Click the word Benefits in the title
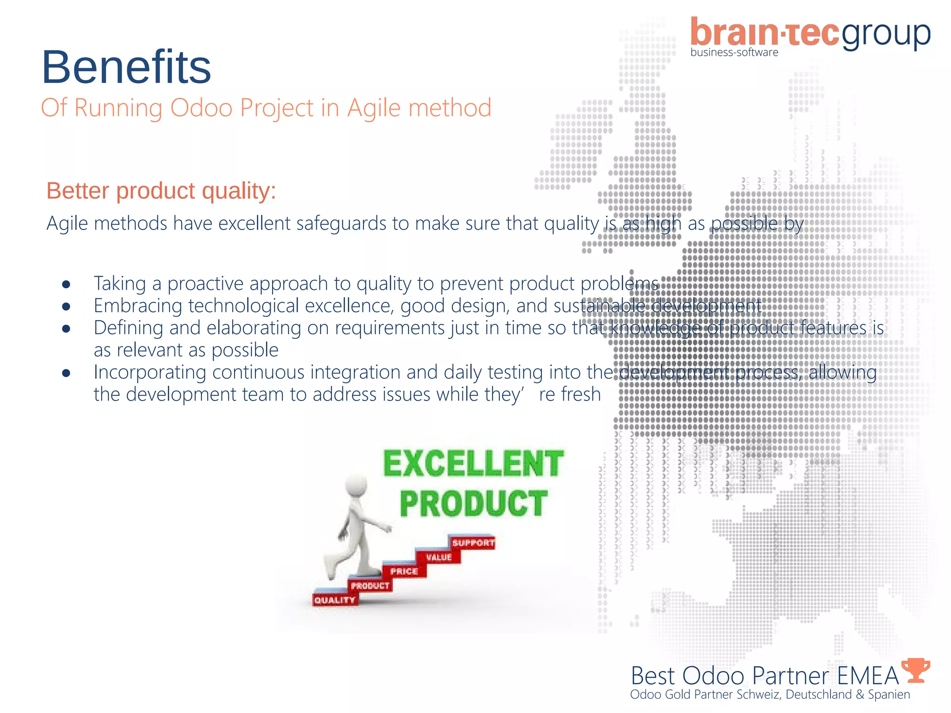[x=126, y=67]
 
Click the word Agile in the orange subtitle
[x=374, y=108]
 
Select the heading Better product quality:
[x=161, y=191]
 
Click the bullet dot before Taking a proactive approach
[x=66, y=285]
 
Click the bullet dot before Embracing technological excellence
[x=66, y=307]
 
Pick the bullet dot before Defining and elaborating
[x=66, y=329]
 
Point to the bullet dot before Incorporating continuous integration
[x=66, y=373]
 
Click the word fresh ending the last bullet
[x=581, y=395]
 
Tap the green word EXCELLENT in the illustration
[x=473, y=464]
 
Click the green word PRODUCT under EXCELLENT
[x=473, y=504]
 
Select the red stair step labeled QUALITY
[x=335, y=600]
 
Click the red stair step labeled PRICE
[x=404, y=571]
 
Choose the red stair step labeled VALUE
[x=439, y=557]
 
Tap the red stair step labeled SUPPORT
[x=473, y=543]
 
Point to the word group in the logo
[x=886, y=35]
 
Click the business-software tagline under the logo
[x=734, y=52]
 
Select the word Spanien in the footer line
[x=889, y=694]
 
